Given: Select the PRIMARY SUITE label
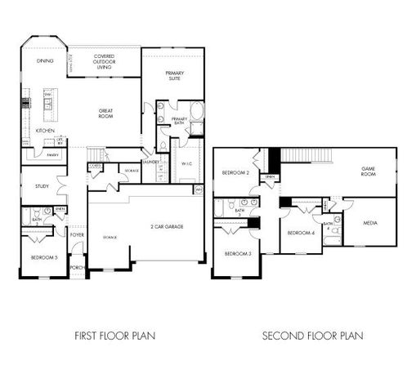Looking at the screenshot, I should click(x=174, y=75).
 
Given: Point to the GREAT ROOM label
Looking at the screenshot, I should click(x=105, y=114).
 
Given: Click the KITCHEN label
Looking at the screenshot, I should click(x=45, y=131).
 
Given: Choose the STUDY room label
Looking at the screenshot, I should click(x=42, y=186).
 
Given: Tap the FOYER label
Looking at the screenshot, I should click(x=77, y=234).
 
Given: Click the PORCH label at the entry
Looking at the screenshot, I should click(x=77, y=266).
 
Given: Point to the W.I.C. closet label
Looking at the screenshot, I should click(x=186, y=163).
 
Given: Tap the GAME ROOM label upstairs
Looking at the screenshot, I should click(x=368, y=171).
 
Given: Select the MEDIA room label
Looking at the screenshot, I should click(x=371, y=220).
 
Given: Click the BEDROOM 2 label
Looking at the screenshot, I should click(x=235, y=171).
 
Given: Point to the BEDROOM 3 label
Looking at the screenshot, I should click(x=237, y=254).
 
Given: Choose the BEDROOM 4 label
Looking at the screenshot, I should click(x=300, y=233).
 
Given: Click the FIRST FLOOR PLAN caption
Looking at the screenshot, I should click(x=114, y=335).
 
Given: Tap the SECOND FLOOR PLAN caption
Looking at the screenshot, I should click(x=312, y=335).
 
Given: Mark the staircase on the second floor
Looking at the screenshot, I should click(x=306, y=155).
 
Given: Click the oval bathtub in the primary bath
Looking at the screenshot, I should click(x=196, y=110).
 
